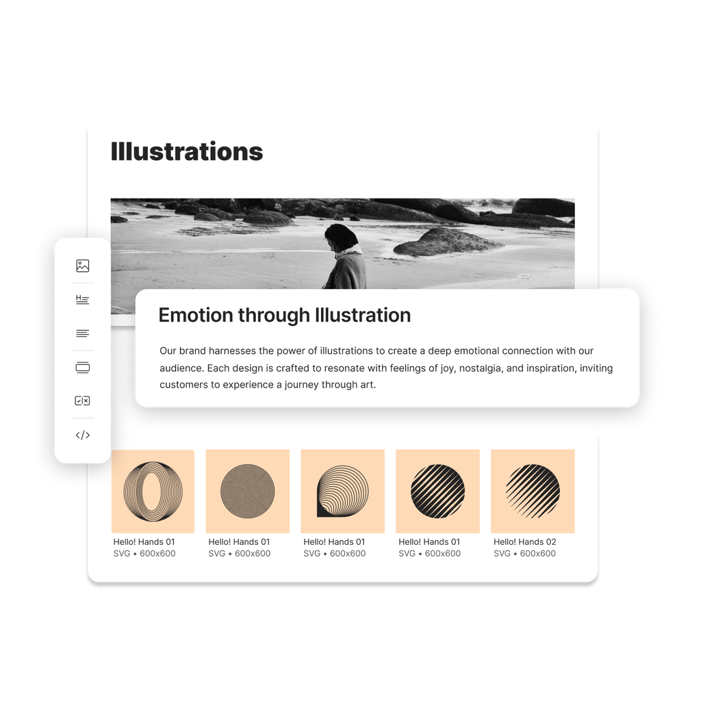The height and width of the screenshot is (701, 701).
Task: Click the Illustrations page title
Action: [x=187, y=151]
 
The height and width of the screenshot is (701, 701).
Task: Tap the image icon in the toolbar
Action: [x=83, y=266]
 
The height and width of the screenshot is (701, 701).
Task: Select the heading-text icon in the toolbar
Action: [x=82, y=300]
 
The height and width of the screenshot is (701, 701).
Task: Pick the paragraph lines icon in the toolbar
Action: [x=83, y=333]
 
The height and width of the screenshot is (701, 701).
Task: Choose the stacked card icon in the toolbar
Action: [x=83, y=368]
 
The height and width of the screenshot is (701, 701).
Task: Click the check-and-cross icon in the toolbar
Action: [x=82, y=400]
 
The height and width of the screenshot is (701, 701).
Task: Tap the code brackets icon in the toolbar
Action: [x=83, y=435]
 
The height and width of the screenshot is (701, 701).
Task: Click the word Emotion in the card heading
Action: [x=195, y=315]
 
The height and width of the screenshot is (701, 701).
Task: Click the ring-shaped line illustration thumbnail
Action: [x=153, y=492]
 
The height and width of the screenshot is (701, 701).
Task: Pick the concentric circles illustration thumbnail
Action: [x=248, y=492]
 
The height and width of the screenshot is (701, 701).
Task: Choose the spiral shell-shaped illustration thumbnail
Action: [x=343, y=492]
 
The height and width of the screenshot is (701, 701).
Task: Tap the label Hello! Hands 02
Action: [x=525, y=542]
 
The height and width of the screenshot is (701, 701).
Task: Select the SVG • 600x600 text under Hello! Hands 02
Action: [x=525, y=553]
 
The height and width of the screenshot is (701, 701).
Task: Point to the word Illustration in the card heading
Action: [x=363, y=315]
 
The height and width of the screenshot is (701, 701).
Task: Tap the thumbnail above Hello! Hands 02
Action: [x=533, y=492]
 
